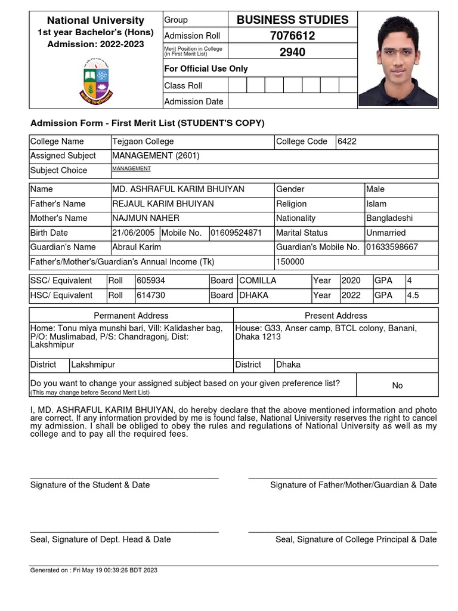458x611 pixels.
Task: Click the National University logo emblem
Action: pos(95,80)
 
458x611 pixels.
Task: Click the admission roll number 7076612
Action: pos(292,36)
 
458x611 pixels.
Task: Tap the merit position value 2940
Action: pos(292,52)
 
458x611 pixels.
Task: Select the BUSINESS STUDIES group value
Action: pos(292,20)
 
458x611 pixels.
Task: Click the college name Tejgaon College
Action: pos(143,141)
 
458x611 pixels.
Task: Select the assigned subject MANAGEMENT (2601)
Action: pos(156,156)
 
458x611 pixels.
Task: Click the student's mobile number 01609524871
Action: pos(236,233)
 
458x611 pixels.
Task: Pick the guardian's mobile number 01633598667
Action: pos(392,247)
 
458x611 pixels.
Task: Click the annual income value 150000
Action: pos(290,261)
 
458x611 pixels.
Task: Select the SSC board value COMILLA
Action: pos(258,280)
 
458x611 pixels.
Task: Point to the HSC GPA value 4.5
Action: pos(413,295)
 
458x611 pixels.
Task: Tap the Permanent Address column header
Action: pos(131,316)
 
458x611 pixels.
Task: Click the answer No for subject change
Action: pos(397,385)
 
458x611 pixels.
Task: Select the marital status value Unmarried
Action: pos(386,233)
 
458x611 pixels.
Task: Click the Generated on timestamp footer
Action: pos(94,570)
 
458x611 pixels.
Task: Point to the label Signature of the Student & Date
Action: pos(90,485)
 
